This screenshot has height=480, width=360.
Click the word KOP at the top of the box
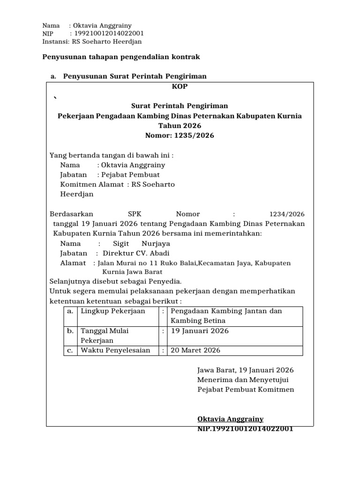(x=180, y=87)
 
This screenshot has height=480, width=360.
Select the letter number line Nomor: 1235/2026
(x=180, y=136)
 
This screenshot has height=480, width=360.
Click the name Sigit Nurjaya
(x=142, y=244)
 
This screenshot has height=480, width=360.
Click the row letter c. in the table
(x=70, y=351)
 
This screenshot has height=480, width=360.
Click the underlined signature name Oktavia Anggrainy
(x=230, y=419)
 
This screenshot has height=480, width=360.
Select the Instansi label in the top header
(x=55, y=42)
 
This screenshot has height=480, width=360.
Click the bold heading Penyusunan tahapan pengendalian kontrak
(x=121, y=57)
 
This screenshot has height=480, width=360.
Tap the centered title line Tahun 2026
(x=180, y=126)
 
